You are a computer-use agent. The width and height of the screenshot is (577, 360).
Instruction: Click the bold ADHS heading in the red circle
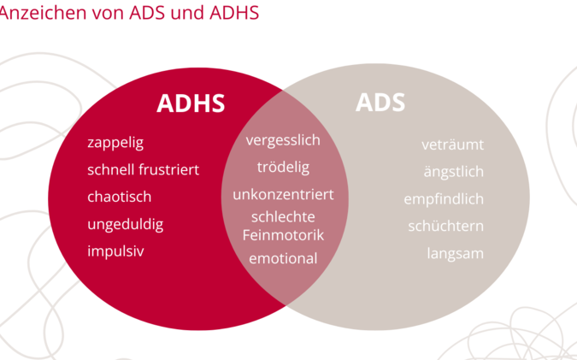191,103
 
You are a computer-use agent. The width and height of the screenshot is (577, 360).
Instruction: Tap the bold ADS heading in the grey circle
380,103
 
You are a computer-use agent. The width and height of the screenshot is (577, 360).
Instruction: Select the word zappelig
115,143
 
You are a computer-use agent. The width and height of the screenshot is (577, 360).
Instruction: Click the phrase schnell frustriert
143,169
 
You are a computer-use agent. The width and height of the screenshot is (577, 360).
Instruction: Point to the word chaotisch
119,197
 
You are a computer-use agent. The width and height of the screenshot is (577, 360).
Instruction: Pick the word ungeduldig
125,225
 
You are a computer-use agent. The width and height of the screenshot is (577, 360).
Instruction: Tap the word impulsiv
115,251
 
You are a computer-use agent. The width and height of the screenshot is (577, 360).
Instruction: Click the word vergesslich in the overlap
283,140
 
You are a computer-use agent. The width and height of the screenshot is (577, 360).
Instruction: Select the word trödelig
283,168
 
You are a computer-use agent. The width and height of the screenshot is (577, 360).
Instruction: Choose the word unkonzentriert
283,195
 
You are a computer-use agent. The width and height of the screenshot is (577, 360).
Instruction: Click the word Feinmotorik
283,235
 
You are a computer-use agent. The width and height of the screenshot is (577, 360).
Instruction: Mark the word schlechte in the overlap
283,217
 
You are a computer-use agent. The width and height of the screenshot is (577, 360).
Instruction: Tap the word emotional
283,258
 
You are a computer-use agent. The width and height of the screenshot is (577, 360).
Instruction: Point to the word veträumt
452,145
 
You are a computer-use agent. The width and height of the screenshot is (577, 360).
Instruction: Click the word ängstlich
454,172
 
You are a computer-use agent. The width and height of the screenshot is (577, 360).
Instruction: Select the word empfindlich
444,199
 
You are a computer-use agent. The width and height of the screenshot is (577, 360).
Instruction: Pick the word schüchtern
446,227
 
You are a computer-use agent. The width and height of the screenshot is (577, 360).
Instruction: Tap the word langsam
456,254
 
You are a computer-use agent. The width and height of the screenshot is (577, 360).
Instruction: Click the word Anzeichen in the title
43,13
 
